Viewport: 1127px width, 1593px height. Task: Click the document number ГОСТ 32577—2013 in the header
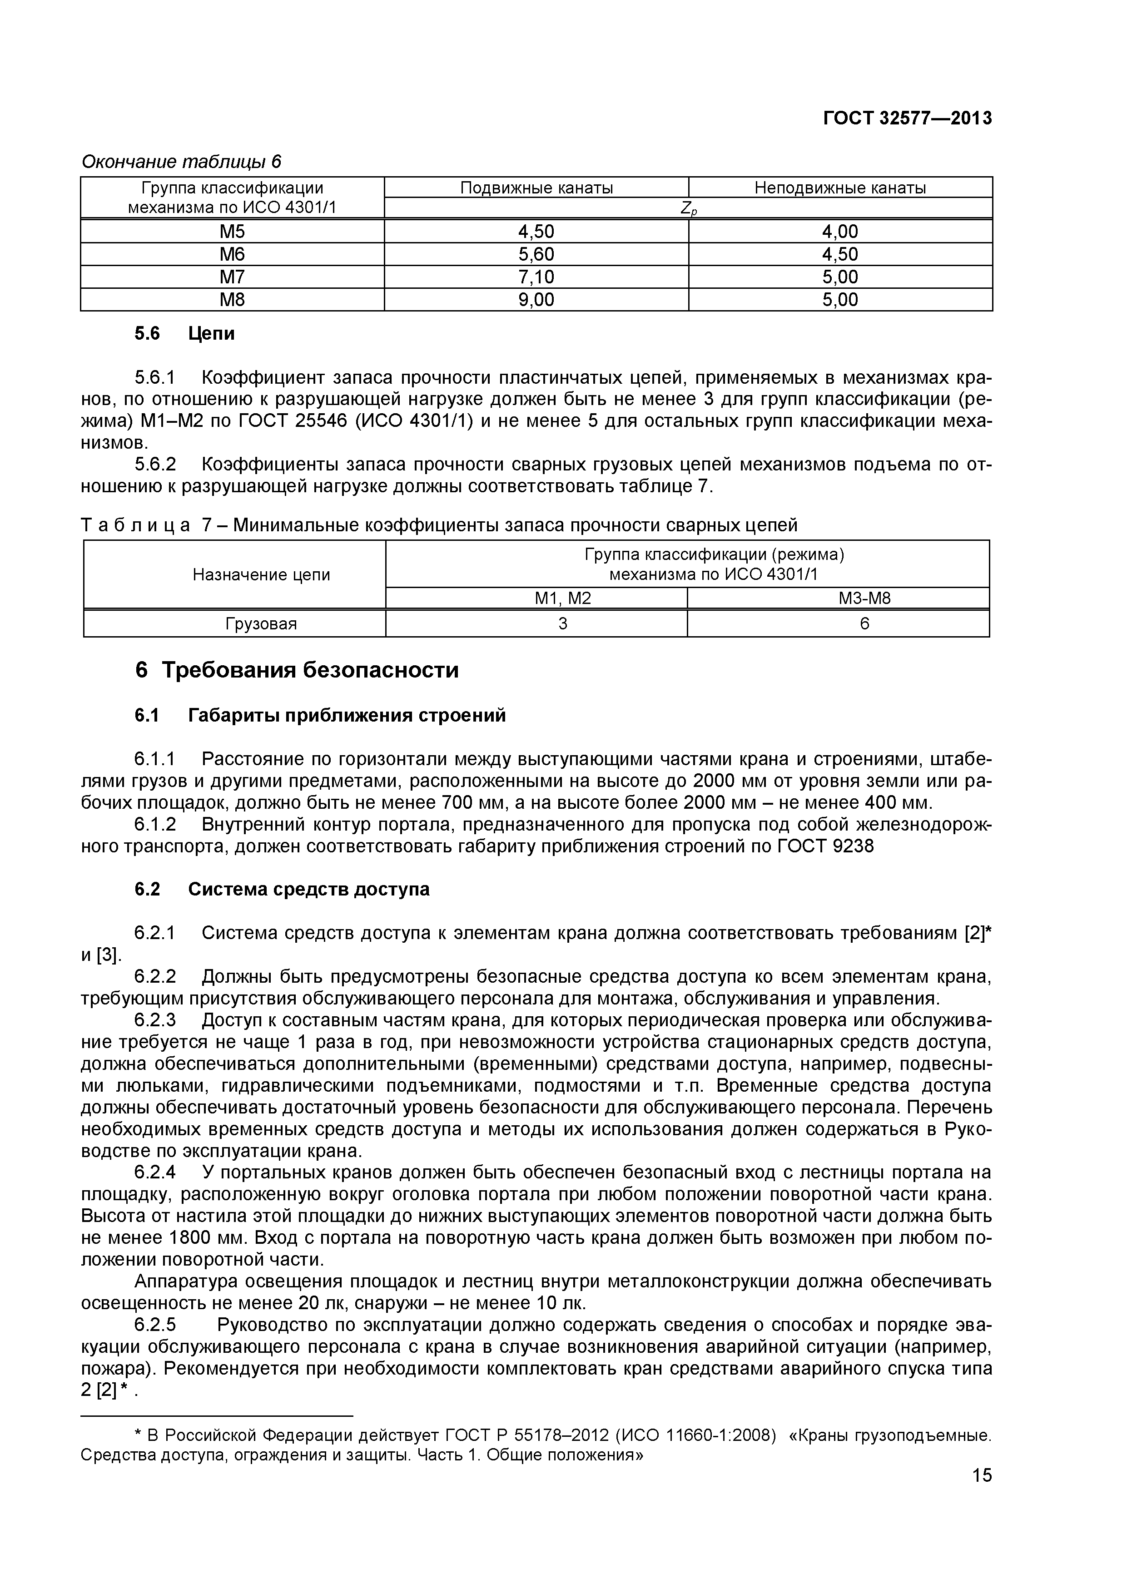[x=907, y=119]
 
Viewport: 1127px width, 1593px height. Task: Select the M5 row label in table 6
[x=233, y=231]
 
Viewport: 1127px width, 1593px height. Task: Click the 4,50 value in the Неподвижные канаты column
[x=840, y=254]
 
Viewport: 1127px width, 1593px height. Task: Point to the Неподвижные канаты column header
[x=840, y=188]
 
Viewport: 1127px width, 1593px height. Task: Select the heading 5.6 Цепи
[x=184, y=334]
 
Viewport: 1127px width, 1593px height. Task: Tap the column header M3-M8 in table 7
[x=864, y=598]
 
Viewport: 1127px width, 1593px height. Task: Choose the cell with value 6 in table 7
[x=864, y=624]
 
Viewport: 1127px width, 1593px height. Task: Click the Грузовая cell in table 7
[x=261, y=624]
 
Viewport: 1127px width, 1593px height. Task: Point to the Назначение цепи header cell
[x=261, y=574]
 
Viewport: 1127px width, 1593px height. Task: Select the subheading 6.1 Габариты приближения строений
[x=320, y=715]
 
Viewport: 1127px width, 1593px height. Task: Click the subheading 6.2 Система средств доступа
[x=282, y=890]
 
